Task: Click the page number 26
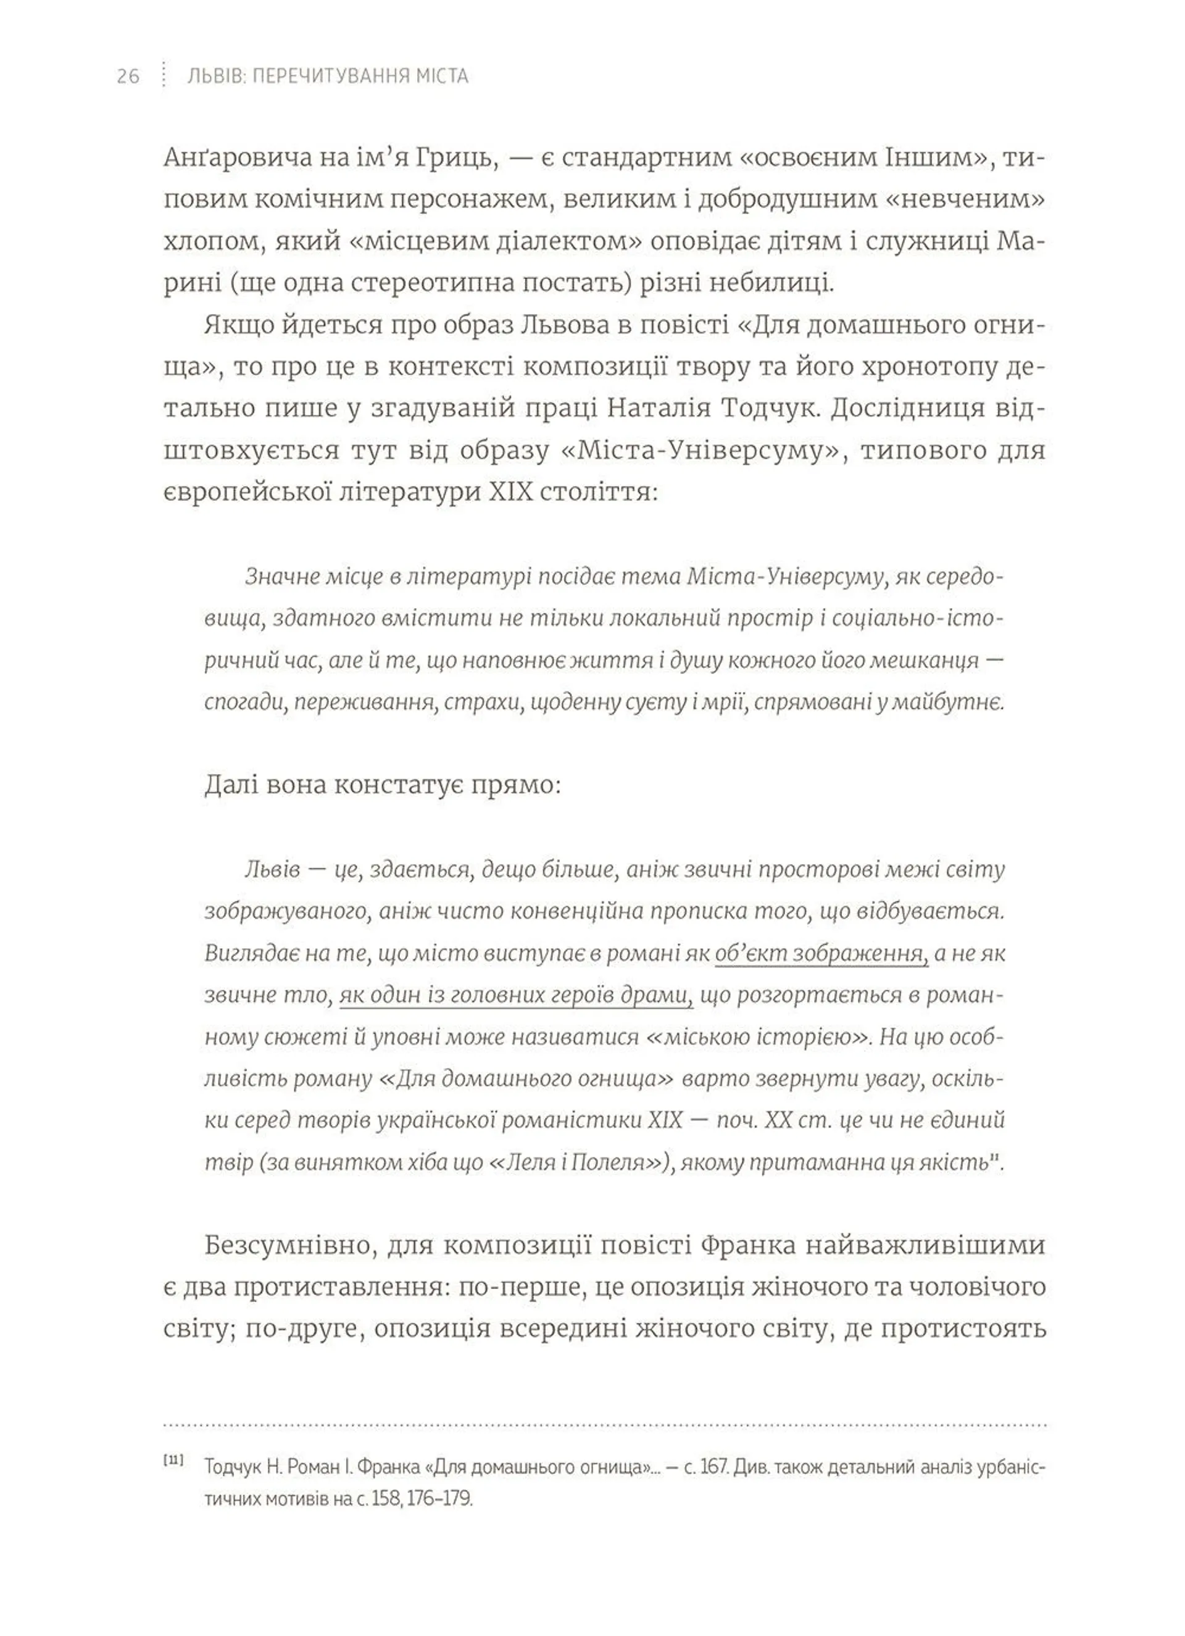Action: point(128,76)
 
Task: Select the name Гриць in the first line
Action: point(457,158)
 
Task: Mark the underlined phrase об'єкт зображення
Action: point(821,954)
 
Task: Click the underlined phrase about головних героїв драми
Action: point(516,995)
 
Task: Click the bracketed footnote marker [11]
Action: point(173,1460)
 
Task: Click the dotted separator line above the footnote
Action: point(604,1425)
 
